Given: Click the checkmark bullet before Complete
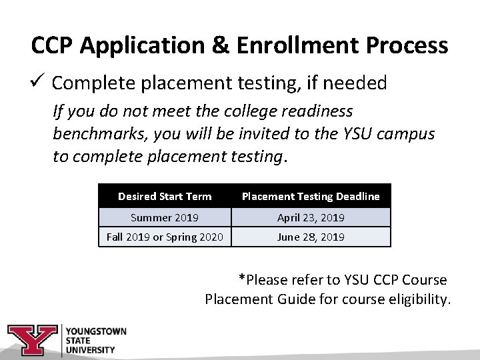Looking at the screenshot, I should [37, 82].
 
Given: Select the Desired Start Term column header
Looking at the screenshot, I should [165, 196].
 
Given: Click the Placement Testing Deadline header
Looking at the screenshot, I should [310, 196].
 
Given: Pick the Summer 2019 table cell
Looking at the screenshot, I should [165, 217].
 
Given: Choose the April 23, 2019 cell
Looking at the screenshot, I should [311, 217].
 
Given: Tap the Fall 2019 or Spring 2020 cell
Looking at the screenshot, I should [165, 237].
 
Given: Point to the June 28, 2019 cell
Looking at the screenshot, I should [311, 237].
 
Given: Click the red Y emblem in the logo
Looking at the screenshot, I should [32, 340].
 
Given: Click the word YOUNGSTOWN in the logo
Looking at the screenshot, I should [96, 331].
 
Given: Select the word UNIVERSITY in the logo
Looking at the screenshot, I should [90, 349].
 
